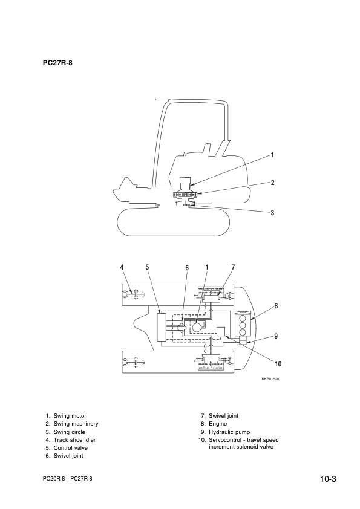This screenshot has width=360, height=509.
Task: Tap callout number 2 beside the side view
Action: (x=273, y=182)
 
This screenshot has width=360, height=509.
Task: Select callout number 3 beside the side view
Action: (x=273, y=212)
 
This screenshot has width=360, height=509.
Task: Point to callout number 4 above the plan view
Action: (x=122, y=267)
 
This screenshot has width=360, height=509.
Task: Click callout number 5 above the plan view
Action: (x=148, y=267)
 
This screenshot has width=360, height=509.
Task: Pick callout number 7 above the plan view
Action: (x=233, y=267)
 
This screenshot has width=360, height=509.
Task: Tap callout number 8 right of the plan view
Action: (x=276, y=306)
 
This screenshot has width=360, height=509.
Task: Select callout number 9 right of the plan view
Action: (x=276, y=336)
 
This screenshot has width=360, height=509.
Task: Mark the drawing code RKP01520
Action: (x=270, y=379)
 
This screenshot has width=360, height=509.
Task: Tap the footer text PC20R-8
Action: (x=54, y=478)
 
